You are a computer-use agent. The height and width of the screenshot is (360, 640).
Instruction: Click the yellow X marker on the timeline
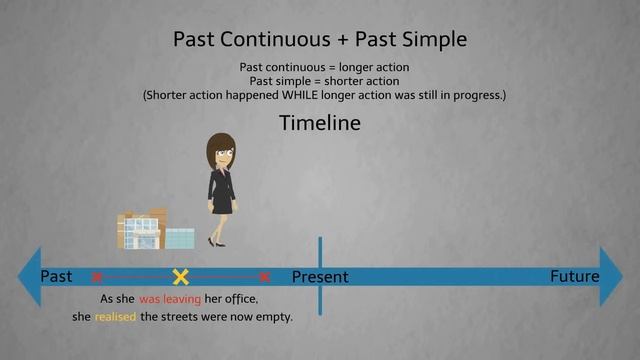pos(181,277)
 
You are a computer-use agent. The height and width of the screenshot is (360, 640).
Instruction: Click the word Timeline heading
pos(320,124)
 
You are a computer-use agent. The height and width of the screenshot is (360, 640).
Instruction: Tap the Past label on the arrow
pos(57,276)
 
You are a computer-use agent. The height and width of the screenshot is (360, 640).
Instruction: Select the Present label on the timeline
pos(320,277)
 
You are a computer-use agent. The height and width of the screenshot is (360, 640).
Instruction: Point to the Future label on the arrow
pos(574,276)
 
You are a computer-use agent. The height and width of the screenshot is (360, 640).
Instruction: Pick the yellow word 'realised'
pos(115,317)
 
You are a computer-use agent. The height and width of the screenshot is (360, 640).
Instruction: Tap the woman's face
pos(220,155)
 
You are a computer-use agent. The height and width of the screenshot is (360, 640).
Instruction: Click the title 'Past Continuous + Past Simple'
pos(320,40)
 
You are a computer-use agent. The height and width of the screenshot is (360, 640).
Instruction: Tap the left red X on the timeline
pos(97,277)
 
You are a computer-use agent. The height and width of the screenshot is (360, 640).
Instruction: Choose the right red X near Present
pos(264,277)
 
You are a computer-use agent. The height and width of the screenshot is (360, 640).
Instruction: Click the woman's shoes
pos(216,242)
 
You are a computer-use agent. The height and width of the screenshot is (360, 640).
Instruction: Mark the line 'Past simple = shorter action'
pos(320,81)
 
